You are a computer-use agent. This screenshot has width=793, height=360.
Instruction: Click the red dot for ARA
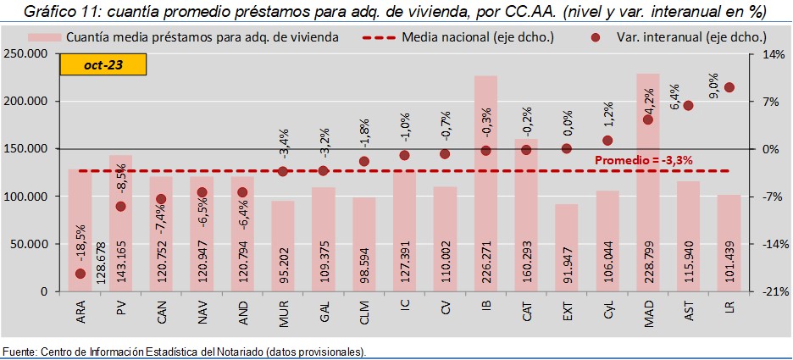click(x=80, y=274)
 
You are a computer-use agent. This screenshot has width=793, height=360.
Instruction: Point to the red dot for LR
click(x=729, y=87)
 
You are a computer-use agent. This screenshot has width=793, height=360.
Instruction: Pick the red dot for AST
click(x=688, y=105)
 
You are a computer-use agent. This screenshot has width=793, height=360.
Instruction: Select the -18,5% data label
click(x=80, y=245)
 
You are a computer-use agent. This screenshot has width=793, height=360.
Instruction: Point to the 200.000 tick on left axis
click(x=27, y=102)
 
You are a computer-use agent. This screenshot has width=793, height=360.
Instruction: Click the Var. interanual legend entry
click(x=678, y=38)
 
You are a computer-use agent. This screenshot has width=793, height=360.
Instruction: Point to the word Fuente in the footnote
click(x=19, y=352)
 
